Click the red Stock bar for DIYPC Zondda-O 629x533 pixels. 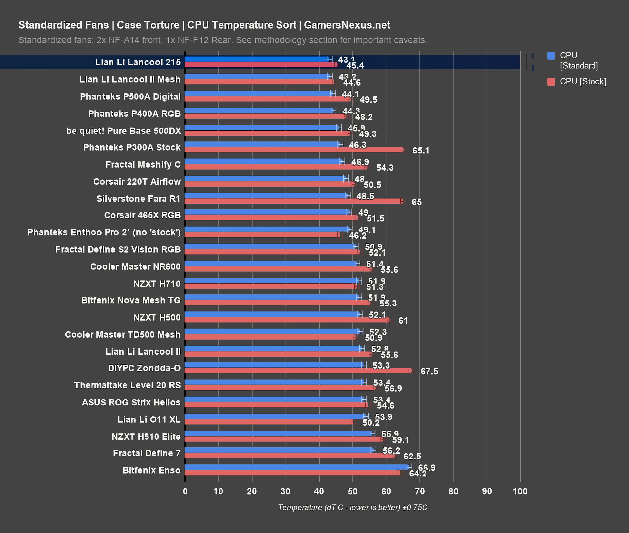[297, 371]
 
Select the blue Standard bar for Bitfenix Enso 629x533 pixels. [296, 467]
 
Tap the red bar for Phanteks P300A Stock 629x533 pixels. [293, 150]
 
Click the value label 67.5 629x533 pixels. [429, 371]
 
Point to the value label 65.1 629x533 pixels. [421, 151]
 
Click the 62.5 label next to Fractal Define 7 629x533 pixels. [412, 456]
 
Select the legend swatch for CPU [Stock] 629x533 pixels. [551, 82]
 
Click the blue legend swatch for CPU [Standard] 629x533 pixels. [551, 56]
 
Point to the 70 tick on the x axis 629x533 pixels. [420, 491]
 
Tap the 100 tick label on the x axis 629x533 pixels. [520, 491]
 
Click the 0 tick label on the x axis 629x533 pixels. [185, 491]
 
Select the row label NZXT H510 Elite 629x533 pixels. [146, 437]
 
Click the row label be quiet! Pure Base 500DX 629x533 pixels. [124, 131]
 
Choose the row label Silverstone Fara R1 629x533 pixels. [138, 199]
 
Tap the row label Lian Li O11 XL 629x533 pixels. [149, 419]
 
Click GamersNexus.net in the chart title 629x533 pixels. [347, 25]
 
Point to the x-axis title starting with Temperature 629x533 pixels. [352, 507]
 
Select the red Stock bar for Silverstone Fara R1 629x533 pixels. [293, 201]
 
